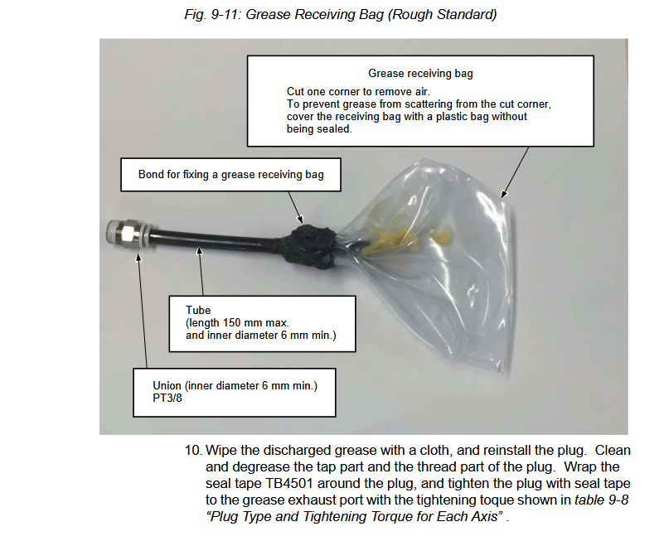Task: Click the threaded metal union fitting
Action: pos(127,234)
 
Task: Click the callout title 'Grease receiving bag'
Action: pos(420,73)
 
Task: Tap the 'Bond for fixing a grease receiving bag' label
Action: pos(230,175)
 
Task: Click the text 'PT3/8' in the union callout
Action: pos(167,399)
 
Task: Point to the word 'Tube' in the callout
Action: pos(198,311)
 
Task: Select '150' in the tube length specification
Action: pos(231,323)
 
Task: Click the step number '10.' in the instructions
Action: pos(193,450)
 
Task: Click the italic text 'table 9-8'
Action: pos(601,500)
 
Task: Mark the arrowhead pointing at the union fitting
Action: pos(138,258)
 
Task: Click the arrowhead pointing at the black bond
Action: pos(300,220)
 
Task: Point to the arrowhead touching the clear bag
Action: pos(503,194)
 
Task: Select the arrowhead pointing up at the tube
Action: pos(200,252)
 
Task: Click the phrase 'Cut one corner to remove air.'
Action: pos(358,92)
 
